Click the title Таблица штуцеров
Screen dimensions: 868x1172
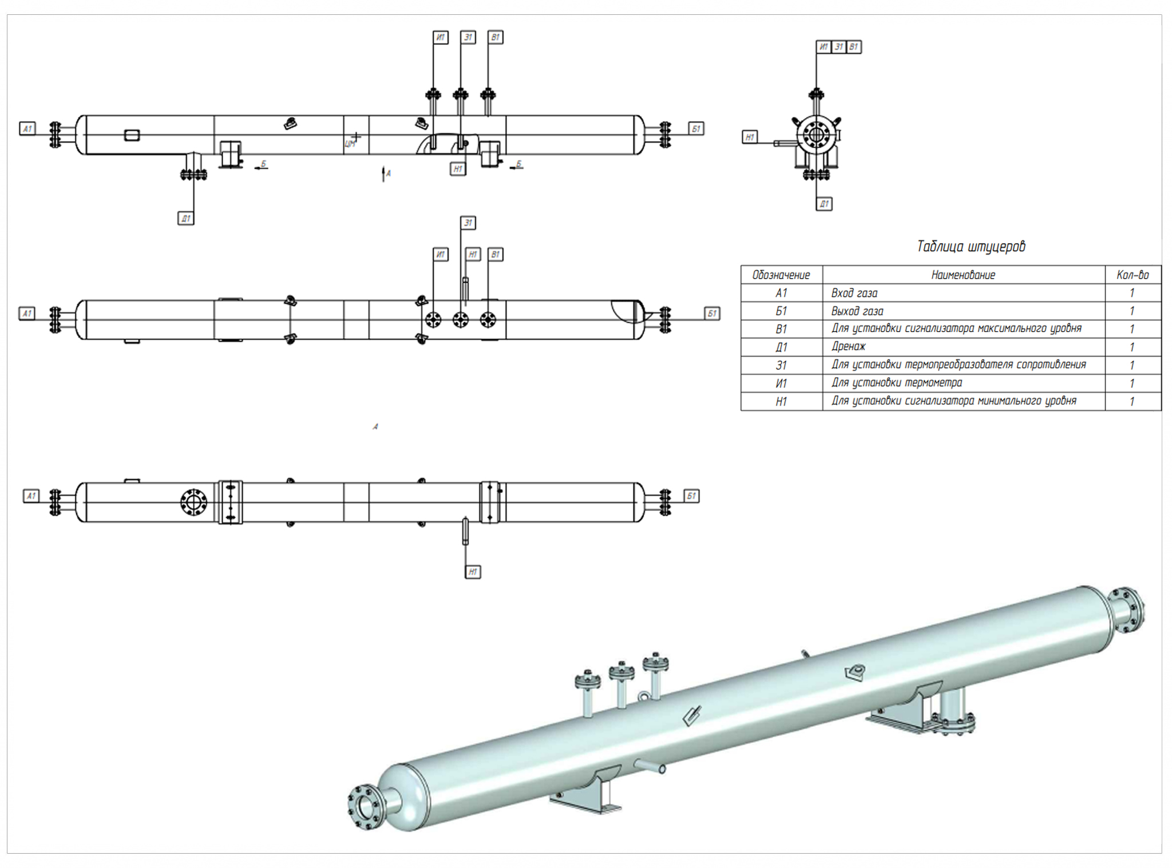(971, 247)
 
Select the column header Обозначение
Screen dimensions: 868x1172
(781, 275)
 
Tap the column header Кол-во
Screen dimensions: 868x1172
(1132, 275)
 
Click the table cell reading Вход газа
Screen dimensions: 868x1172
(854, 294)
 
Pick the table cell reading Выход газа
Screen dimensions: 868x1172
(857, 311)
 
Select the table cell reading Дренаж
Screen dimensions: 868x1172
(848, 347)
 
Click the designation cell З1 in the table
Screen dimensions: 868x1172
(781, 365)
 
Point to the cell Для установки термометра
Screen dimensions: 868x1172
(896, 383)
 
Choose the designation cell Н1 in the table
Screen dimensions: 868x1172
(781, 402)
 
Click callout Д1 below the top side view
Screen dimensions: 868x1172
(185, 219)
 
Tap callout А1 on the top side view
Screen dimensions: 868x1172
(27, 129)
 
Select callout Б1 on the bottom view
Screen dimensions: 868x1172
(691, 496)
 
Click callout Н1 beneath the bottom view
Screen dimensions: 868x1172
(473, 572)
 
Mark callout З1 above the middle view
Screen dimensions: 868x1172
(468, 223)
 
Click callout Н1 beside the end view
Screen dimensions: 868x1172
(750, 137)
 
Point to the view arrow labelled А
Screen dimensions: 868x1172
(384, 173)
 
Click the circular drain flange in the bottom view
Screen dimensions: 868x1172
(193, 502)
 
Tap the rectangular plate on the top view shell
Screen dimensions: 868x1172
(132, 136)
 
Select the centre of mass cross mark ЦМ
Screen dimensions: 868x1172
(356, 137)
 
